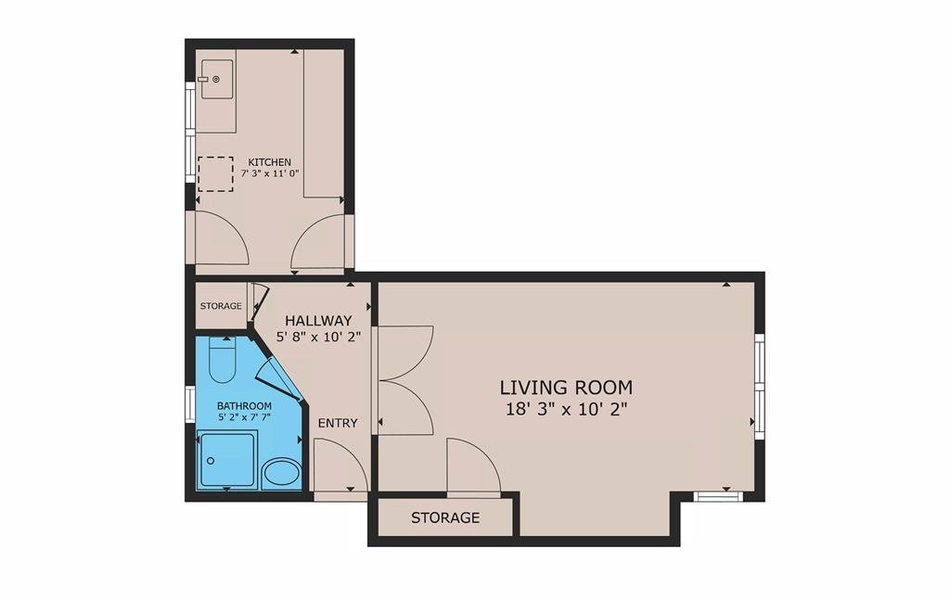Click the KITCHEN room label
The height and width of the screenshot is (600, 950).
pyautogui.click(x=270, y=162)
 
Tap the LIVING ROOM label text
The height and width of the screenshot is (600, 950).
pyautogui.click(x=567, y=387)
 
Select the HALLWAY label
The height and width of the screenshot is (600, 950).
pyautogui.click(x=319, y=320)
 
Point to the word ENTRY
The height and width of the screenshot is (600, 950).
pyautogui.click(x=338, y=423)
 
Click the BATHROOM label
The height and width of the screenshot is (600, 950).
pyautogui.click(x=244, y=405)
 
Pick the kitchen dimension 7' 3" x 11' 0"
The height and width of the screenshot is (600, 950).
pyautogui.click(x=270, y=173)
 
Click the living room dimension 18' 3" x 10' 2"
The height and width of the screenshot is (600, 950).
pyautogui.click(x=566, y=409)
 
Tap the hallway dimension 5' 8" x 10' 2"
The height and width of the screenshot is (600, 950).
pyautogui.click(x=319, y=338)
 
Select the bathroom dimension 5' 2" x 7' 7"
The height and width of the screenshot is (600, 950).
pyautogui.click(x=244, y=416)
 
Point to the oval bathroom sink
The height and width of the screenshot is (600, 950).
pyautogui.click(x=282, y=472)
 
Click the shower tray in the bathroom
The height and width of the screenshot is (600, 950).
pyautogui.click(x=226, y=460)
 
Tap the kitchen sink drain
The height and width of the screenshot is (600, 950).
pyautogui.click(x=215, y=79)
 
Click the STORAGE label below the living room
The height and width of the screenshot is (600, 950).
pyautogui.click(x=445, y=517)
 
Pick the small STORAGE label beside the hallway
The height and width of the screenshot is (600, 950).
pyautogui.click(x=221, y=306)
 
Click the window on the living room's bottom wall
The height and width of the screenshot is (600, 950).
pyautogui.click(x=718, y=497)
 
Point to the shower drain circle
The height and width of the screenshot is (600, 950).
pyautogui.click(x=211, y=461)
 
